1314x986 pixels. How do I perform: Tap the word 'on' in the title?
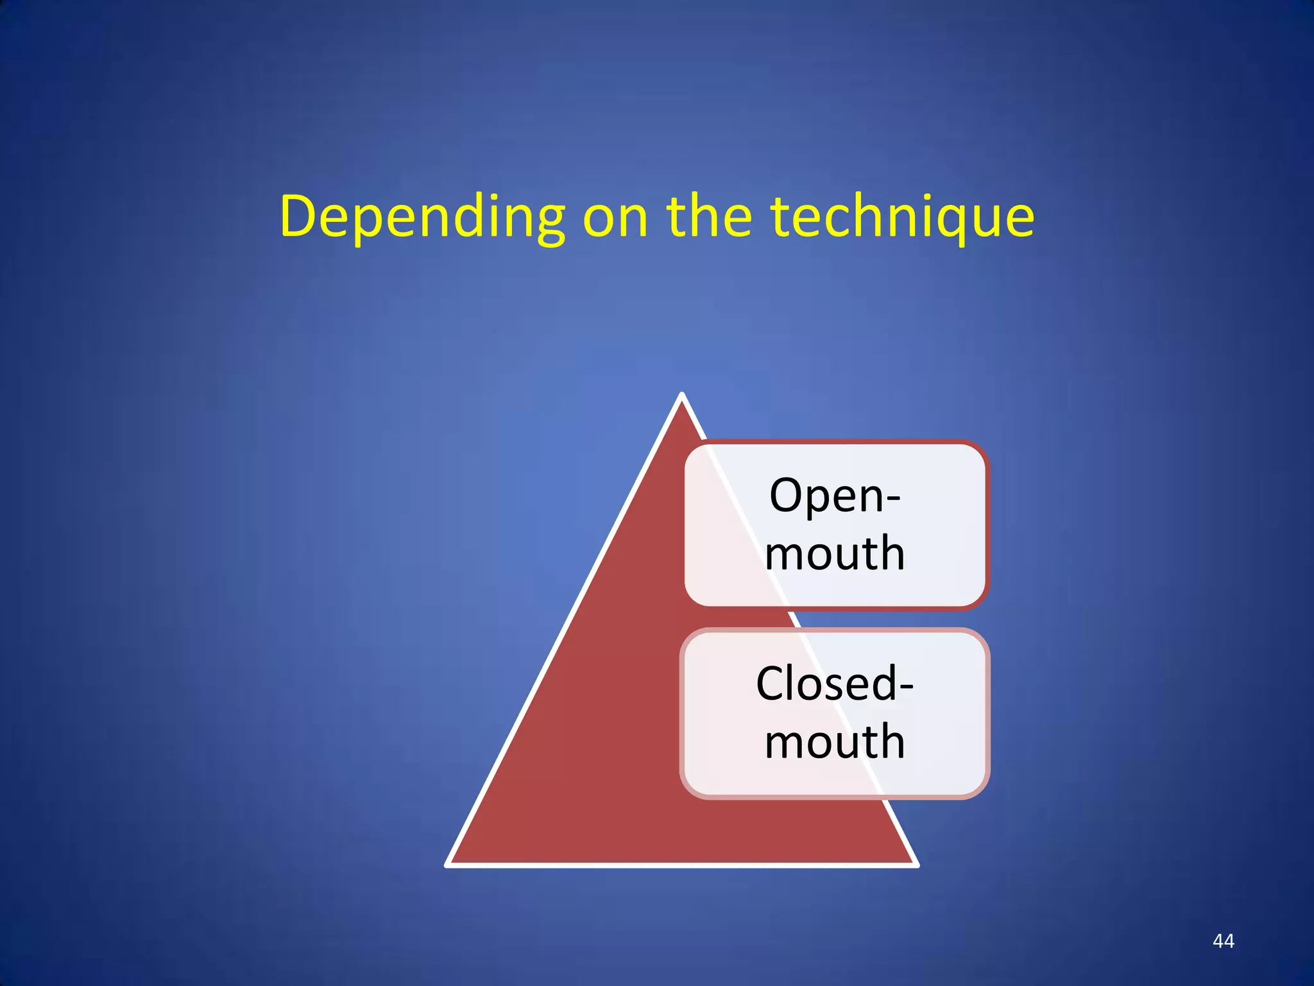tap(615, 217)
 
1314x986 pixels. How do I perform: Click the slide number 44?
tap(1224, 941)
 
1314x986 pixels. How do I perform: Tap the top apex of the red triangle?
tap(682, 396)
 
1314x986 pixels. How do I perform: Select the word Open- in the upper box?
tap(834, 496)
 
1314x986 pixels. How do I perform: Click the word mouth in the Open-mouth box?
tap(834, 553)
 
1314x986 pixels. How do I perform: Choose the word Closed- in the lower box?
tap(834, 684)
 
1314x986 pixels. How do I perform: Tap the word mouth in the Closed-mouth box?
tap(834, 741)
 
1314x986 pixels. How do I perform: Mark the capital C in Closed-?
tap(772, 684)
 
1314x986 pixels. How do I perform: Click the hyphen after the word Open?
tap(892, 500)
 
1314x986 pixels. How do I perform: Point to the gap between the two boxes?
tap(834, 619)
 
